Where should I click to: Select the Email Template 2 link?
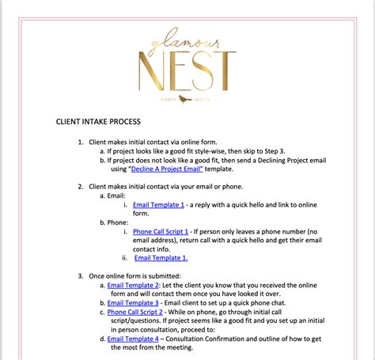point(133,284)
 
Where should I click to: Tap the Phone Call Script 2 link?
point(135,312)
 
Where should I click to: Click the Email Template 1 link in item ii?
point(161,257)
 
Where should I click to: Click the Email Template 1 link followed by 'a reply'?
point(158,204)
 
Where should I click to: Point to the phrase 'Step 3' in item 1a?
point(287,150)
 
